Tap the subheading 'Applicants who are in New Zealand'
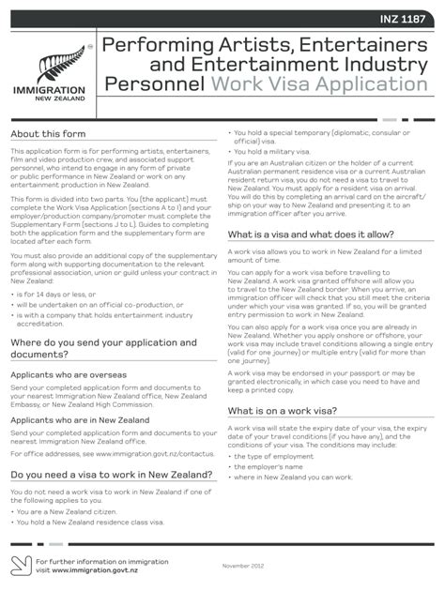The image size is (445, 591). click(80, 420)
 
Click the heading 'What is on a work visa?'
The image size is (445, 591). click(284, 411)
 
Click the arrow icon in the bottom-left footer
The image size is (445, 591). click(20, 565)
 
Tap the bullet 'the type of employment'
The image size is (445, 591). click(279, 455)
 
